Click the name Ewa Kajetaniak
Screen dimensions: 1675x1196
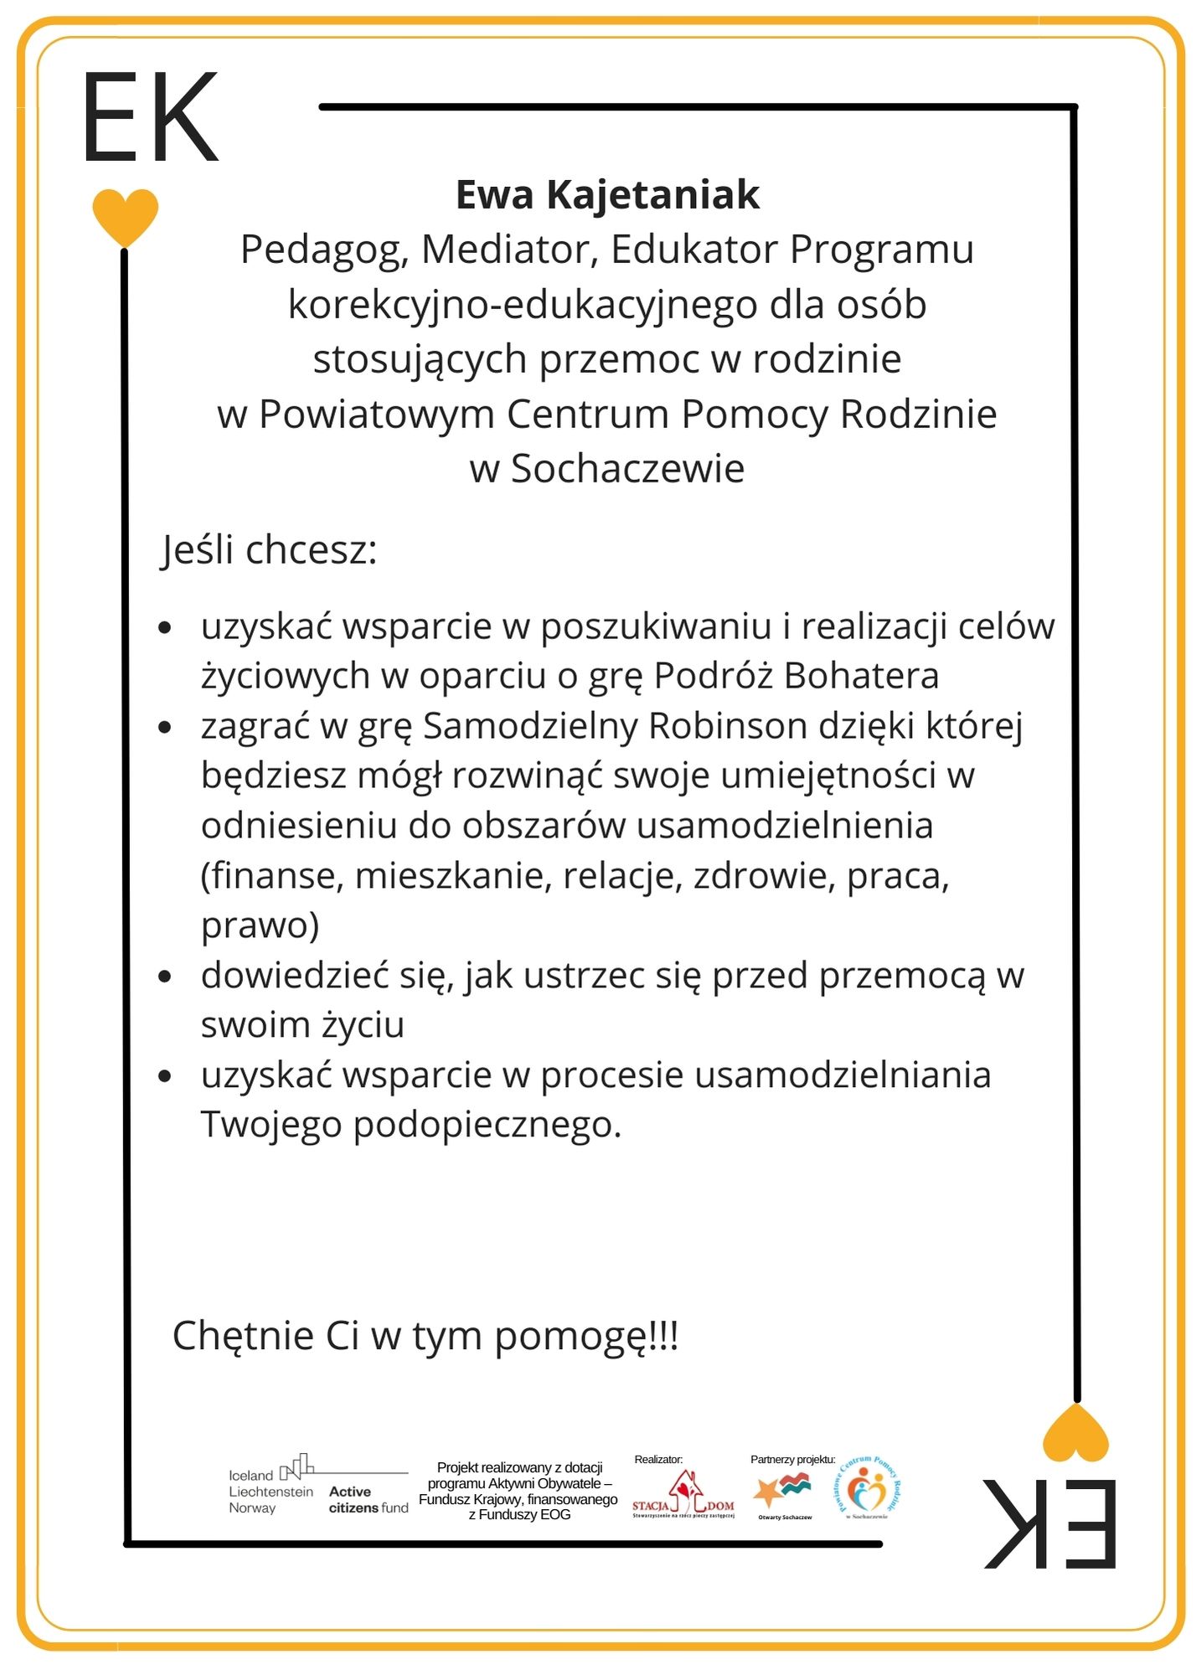(607, 195)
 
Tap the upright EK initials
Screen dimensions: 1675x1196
(151, 118)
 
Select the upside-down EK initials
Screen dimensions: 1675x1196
(1050, 1523)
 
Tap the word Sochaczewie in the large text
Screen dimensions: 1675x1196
(627, 469)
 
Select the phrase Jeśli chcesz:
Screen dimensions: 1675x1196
(270, 550)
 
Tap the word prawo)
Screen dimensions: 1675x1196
(260, 925)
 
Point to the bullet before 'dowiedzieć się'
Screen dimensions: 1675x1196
(165, 977)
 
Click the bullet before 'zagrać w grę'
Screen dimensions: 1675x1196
(165, 727)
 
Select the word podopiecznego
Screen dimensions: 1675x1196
(487, 1125)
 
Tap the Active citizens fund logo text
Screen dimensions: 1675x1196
(368, 1499)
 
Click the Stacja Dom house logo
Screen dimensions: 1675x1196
(683, 1494)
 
